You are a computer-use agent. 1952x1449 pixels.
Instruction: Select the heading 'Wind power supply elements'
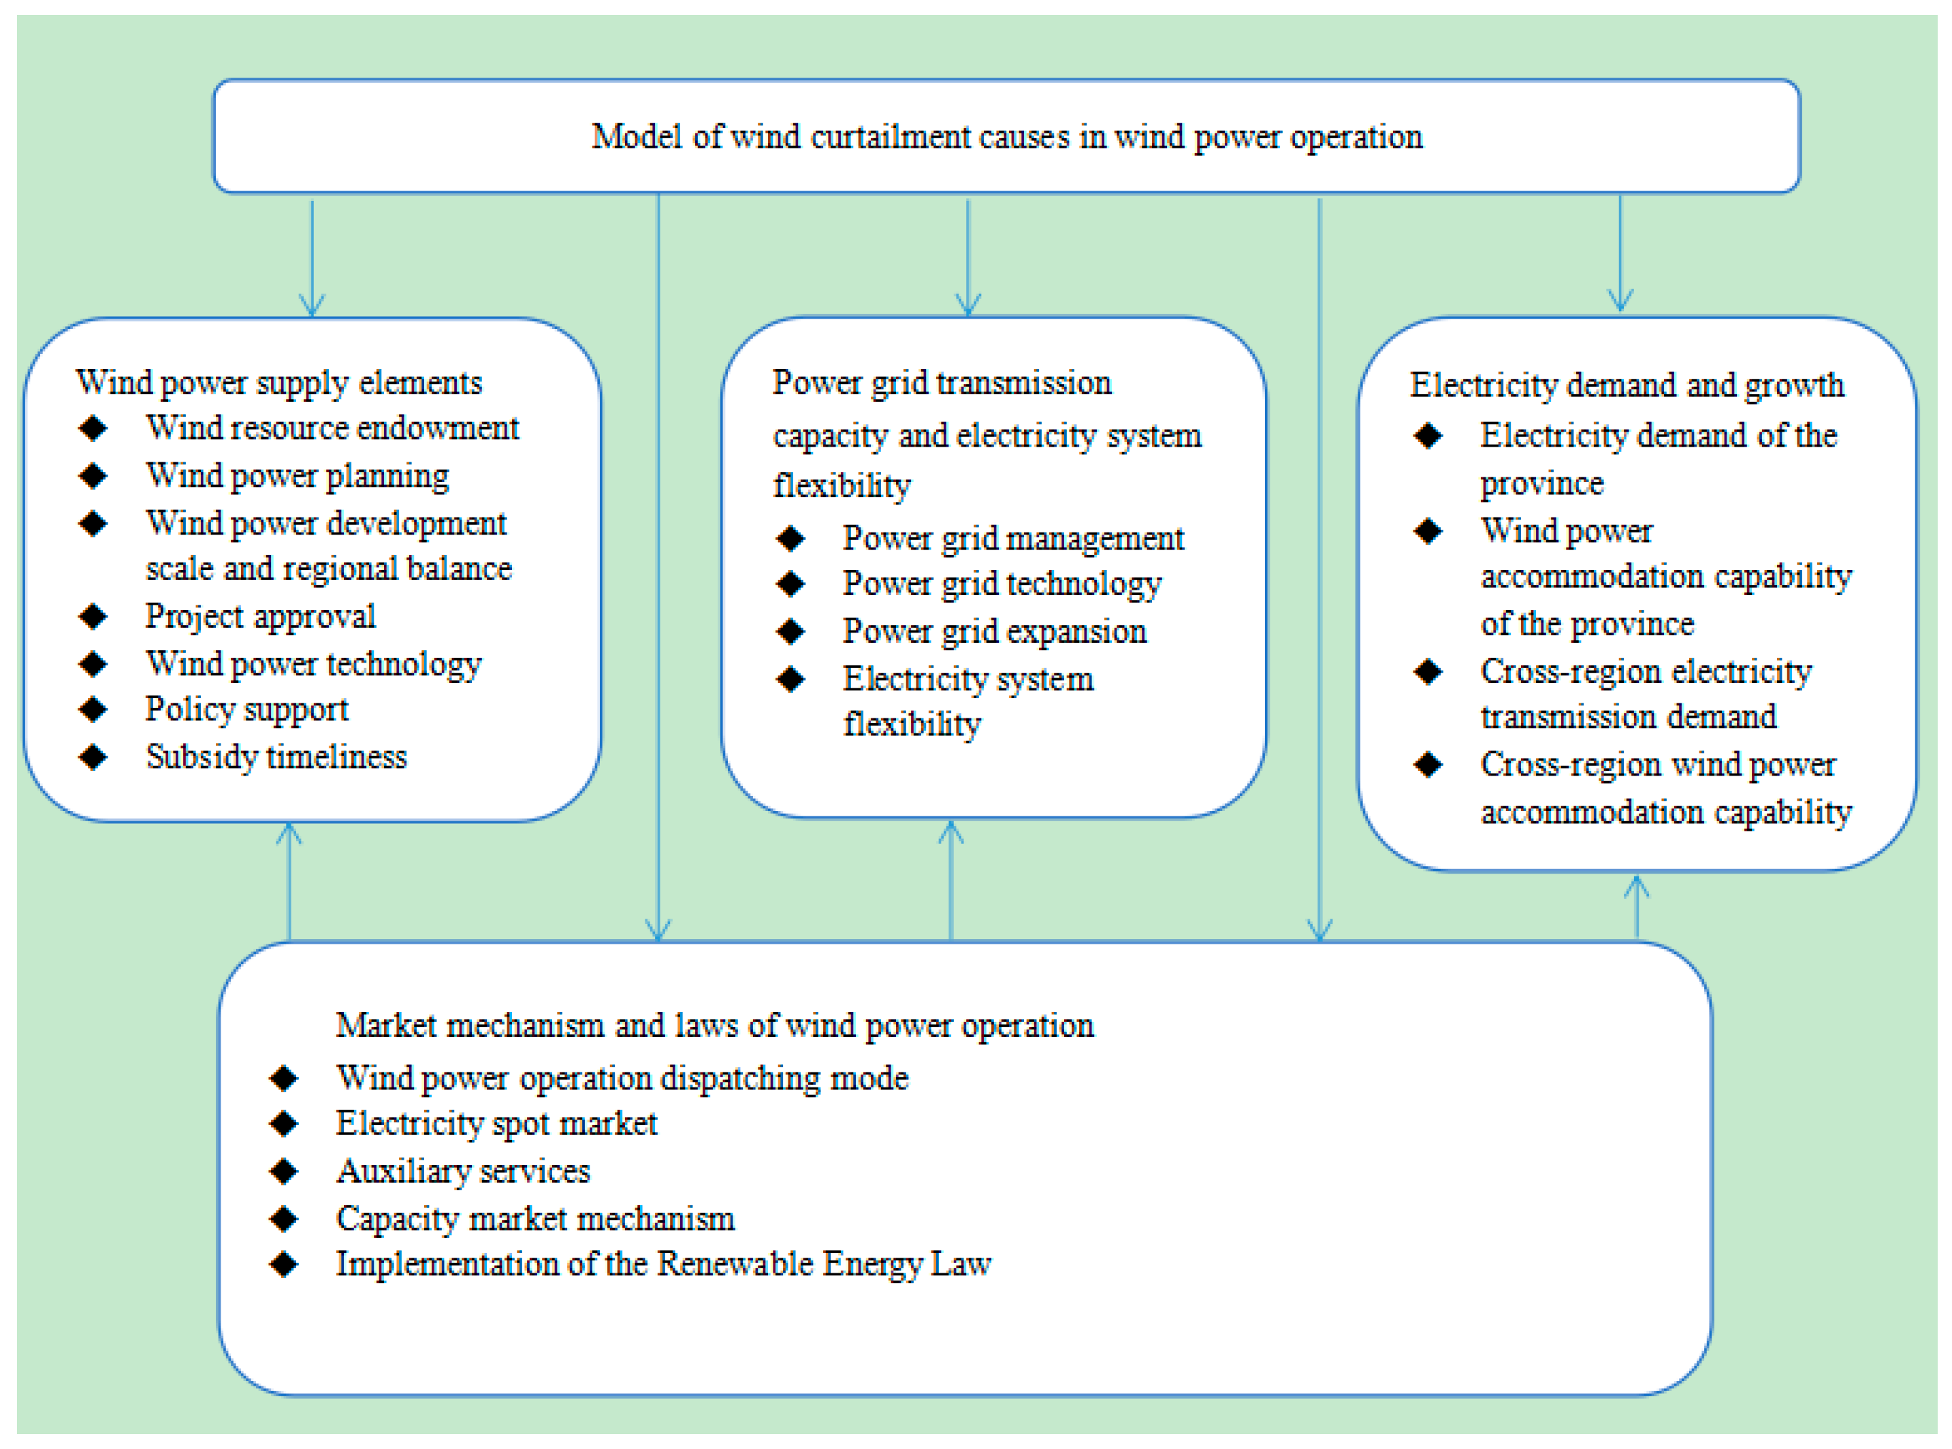point(279,383)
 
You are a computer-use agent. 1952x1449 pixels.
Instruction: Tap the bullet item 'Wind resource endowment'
point(332,428)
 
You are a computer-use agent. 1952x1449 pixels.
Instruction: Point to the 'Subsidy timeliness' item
point(276,756)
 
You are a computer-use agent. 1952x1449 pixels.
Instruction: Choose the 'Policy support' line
point(246,709)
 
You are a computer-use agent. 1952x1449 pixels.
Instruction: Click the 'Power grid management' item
point(1013,538)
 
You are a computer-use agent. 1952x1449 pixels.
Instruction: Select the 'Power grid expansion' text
point(995,631)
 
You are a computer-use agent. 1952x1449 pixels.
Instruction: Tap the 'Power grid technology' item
point(1002,584)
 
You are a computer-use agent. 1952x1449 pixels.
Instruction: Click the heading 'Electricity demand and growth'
point(1627,385)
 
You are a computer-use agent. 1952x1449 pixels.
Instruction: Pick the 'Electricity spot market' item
point(496,1124)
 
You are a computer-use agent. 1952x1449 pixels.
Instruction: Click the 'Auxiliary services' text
point(463,1171)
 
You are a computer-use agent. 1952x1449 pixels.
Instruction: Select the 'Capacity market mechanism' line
point(535,1218)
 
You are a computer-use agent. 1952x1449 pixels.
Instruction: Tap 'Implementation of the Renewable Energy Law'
point(664,1264)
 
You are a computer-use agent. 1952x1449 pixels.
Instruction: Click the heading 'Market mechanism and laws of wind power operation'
point(715,1025)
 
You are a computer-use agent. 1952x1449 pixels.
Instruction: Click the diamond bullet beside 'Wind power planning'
point(93,475)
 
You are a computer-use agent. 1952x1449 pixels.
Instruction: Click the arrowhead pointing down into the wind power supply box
point(313,306)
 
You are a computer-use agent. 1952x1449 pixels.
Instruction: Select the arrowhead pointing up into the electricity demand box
point(1636,887)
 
